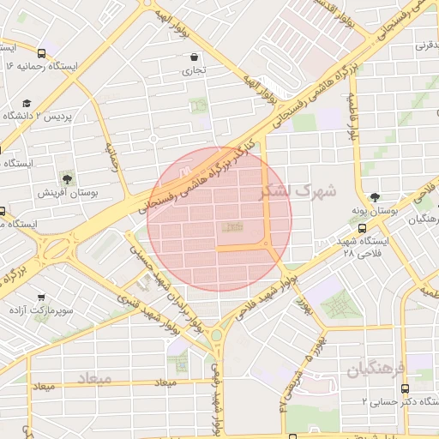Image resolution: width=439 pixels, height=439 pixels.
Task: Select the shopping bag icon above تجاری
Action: coord(195,58)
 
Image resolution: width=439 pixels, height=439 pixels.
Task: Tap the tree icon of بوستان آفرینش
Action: coord(67,179)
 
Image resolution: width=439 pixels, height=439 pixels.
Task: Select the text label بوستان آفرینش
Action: coord(67,193)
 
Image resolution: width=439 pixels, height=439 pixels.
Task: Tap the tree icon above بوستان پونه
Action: coord(375,197)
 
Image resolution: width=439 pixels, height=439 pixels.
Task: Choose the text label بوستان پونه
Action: coord(374,210)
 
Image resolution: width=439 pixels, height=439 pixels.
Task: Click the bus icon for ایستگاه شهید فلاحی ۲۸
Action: coord(363,229)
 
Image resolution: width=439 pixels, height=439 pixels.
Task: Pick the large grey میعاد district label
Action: coord(94,377)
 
